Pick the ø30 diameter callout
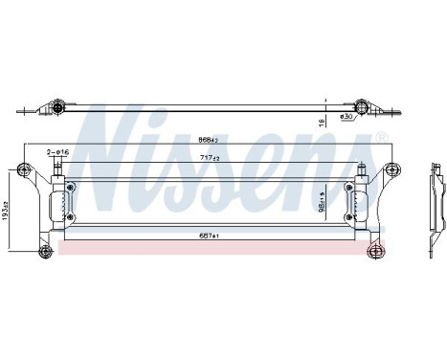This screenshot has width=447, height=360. click(x=347, y=117)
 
